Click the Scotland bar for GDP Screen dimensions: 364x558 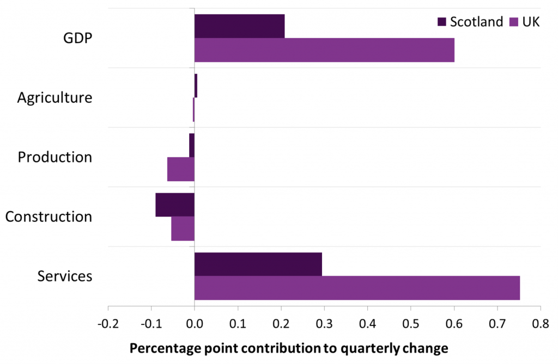coord(239,26)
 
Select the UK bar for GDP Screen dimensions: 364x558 coord(324,50)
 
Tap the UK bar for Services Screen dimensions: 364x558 coord(357,288)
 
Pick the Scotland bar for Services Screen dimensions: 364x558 coord(258,264)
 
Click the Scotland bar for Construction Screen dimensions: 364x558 coord(175,205)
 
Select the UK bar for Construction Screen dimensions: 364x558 coord(183,229)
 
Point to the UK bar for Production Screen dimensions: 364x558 coord(180,169)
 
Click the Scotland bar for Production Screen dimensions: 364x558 coord(192,145)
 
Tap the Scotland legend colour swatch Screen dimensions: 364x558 coord(442,22)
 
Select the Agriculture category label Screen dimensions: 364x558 coord(54,98)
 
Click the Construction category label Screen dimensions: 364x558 coord(48,217)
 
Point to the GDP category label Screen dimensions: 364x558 coord(77,39)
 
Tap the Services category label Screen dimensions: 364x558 coord(65,276)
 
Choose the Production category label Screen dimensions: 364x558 coord(54,157)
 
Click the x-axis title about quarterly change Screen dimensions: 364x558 coord(288,348)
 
